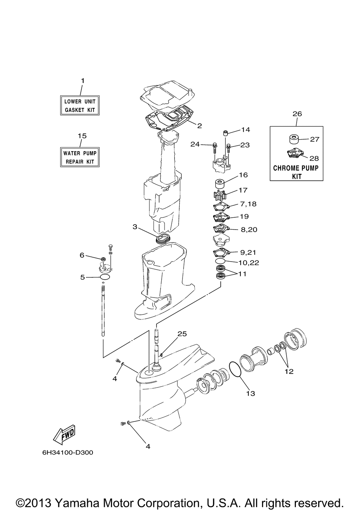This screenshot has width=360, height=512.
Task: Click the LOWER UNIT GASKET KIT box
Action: (x=80, y=105)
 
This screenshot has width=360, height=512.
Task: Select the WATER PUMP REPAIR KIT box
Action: (x=80, y=157)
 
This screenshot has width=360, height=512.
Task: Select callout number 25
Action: (x=182, y=334)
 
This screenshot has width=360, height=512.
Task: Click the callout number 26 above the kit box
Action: (x=297, y=114)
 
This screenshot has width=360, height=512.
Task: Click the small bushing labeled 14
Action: (x=226, y=133)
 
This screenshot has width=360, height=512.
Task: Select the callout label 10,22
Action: (x=249, y=263)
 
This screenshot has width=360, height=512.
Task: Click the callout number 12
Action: (x=289, y=371)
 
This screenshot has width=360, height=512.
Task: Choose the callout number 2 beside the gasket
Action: (x=199, y=126)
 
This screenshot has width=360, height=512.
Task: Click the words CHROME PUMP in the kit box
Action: (x=296, y=168)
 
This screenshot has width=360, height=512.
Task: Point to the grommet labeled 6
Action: (x=103, y=259)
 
